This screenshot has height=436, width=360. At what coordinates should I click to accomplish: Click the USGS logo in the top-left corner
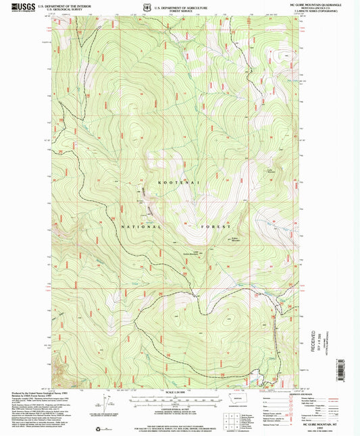(x=13, y=6)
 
